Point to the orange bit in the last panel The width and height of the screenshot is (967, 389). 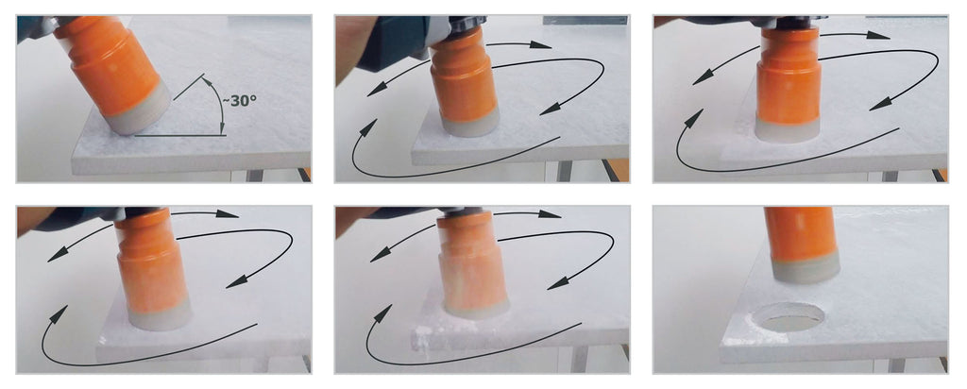pyautogui.click(x=800, y=234)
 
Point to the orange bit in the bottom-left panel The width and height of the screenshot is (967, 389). pyautogui.click(x=150, y=258)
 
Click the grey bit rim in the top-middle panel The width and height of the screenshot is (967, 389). pyautogui.click(x=469, y=126)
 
